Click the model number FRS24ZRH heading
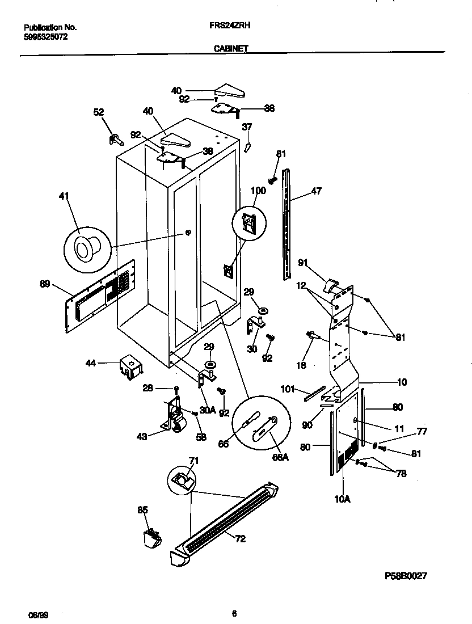tap(234, 26)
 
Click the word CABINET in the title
tap(230, 49)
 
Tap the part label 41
tap(64, 197)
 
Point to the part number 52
tap(99, 113)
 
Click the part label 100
tap(258, 191)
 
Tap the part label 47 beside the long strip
tap(316, 191)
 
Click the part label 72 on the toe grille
tap(240, 539)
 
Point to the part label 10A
tap(343, 499)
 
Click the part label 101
tap(289, 389)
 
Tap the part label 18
tap(301, 365)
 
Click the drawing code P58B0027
tap(406, 575)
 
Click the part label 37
tap(247, 127)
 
